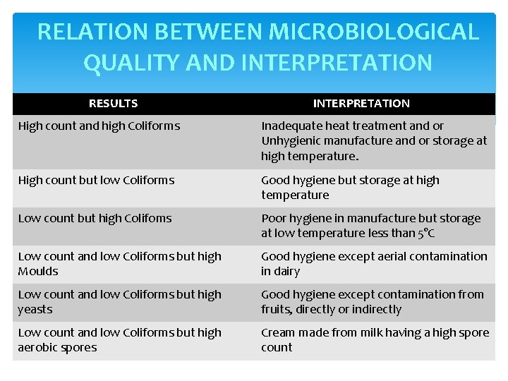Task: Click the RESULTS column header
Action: click(x=113, y=104)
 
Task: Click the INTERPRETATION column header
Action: click(x=361, y=104)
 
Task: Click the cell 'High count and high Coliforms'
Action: click(x=99, y=126)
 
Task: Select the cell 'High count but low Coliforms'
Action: click(x=96, y=181)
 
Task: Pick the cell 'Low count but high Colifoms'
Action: click(x=95, y=219)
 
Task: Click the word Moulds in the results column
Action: click(x=38, y=272)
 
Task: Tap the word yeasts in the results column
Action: click(x=35, y=310)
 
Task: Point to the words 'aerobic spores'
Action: click(x=57, y=348)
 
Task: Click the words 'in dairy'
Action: click(x=280, y=272)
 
